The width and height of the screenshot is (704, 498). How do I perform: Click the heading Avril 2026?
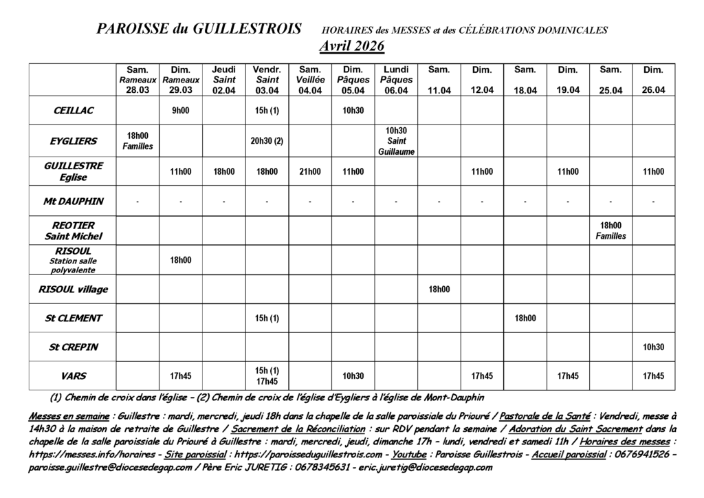click(351, 46)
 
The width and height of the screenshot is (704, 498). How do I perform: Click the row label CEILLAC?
click(73, 110)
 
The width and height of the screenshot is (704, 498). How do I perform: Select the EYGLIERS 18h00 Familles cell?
click(137, 141)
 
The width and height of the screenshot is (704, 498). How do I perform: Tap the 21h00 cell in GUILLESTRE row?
click(309, 172)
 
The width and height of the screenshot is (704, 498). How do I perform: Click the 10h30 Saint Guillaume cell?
click(396, 141)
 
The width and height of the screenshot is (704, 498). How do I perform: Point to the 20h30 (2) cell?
click(267, 141)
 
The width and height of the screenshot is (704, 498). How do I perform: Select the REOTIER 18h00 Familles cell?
click(610, 230)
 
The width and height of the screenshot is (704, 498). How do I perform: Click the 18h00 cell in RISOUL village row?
click(439, 289)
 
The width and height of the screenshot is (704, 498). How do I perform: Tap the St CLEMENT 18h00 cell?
click(525, 318)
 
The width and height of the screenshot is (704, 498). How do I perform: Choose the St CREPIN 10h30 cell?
click(653, 347)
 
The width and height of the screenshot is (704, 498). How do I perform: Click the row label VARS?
click(73, 376)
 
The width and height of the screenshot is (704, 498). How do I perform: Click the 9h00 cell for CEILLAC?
click(180, 110)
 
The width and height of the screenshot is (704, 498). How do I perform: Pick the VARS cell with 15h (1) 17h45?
click(267, 376)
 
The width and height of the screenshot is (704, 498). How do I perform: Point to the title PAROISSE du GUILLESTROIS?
click(199, 29)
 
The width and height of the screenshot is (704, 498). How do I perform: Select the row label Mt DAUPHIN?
click(73, 202)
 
